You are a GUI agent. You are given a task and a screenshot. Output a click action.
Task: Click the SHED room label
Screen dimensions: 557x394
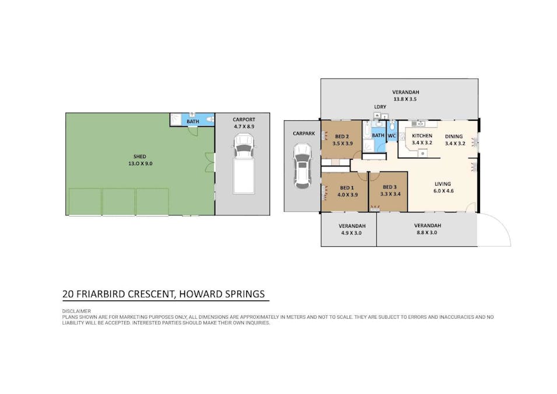click(x=140, y=156)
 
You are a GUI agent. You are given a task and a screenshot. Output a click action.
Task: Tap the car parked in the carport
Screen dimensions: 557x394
click(x=244, y=164)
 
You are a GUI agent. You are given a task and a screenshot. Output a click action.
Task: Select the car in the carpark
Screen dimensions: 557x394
click(x=303, y=166)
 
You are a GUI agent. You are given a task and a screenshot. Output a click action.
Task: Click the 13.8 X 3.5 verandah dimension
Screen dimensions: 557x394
click(x=405, y=99)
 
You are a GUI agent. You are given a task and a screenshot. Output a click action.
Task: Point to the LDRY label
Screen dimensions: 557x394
click(x=380, y=107)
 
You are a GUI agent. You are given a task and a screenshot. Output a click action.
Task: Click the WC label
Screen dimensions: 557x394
click(x=392, y=136)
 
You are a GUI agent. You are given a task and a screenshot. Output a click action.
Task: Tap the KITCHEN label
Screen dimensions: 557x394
click(x=422, y=135)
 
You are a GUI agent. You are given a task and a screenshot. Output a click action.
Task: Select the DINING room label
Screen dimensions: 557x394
click(x=454, y=136)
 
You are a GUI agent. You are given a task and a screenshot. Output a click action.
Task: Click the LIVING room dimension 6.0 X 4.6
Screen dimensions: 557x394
click(x=443, y=191)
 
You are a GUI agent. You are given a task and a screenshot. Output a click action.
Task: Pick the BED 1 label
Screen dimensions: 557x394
click(x=347, y=188)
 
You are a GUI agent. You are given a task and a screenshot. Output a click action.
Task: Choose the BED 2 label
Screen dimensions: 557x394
click(x=342, y=137)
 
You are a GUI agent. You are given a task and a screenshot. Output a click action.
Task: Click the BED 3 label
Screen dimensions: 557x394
click(x=390, y=187)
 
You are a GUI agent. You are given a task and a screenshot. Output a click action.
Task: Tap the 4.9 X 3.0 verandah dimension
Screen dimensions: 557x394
click(x=351, y=233)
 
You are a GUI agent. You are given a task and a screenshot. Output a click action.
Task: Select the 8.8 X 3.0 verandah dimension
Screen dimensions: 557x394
click(x=426, y=232)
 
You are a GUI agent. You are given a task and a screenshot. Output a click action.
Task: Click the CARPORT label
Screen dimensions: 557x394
click(x=244, y=120)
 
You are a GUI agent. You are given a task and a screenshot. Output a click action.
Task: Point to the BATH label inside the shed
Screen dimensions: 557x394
click(x=193, y=121)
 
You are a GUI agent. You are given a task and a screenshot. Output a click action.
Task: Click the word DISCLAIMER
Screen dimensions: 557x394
click(x=76, y=311)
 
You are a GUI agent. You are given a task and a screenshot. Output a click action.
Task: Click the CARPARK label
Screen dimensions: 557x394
click(x=304, y=134)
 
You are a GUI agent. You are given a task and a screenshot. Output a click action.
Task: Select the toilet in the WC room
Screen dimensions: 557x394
click(x=392, y=126)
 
